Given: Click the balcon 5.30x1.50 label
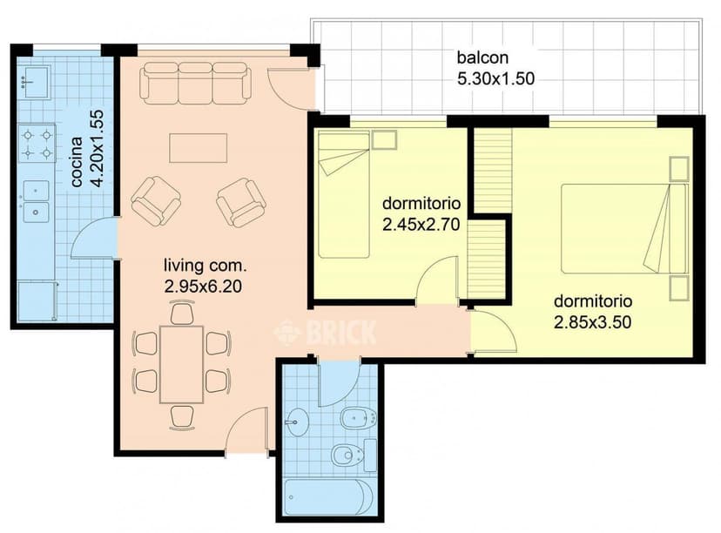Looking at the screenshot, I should click(x=495, y=69).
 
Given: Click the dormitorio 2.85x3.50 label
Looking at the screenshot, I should click(x=592, y=311).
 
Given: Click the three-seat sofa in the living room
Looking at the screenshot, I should click(x=196, y=81).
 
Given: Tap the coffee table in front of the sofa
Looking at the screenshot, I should click(x=199, y=147).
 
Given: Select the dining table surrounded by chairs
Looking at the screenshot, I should click(x=181, y=364).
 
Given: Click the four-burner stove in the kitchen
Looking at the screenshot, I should click(x=37, y=144).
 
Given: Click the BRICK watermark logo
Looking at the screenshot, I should click(x=326, y=332).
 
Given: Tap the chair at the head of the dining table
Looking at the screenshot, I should click(x=181, y=312).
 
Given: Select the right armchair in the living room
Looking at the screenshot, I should click(x=241, y=202).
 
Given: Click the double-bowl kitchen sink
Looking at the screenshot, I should click(x=37, y=200).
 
